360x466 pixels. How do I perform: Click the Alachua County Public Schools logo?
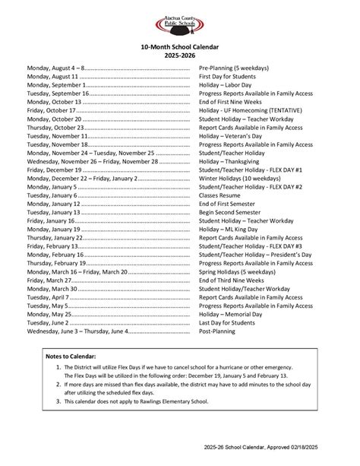(180, 25)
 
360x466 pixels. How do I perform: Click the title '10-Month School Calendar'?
(180, 47)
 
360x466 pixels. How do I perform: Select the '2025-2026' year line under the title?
(180, 56)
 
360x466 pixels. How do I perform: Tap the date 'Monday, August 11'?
(52, 77)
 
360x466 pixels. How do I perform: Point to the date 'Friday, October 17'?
(51, 110)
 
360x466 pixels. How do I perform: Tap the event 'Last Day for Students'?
(232, 322)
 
